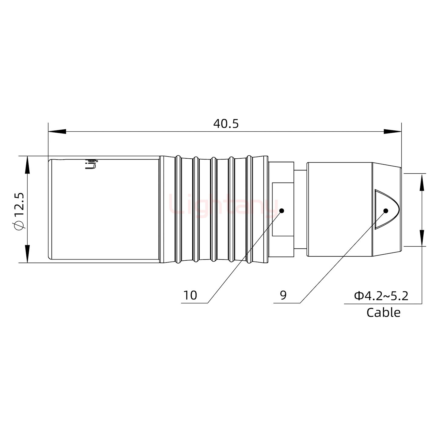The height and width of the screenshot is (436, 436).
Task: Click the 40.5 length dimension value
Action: [x=226, y=124]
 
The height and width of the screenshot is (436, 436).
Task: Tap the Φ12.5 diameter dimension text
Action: [x=19, y=211]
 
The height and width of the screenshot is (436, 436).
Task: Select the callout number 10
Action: [x=190, y=295]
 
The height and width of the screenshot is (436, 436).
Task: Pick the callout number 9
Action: [x=283, y=295]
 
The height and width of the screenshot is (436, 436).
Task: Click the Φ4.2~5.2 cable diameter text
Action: [x=381, y=296]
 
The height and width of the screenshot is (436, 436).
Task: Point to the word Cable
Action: [x=383, y=312]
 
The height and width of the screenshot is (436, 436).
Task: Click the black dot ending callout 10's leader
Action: [x=282, y=211]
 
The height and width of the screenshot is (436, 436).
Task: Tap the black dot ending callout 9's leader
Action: [x=386, y=211]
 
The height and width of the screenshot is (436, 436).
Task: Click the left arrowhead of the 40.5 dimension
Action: [x=57, y=132]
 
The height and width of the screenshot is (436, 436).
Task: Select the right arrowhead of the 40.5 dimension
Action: [x=392, y=132]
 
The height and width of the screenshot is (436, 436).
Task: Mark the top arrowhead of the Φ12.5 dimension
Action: [x=28, y=165]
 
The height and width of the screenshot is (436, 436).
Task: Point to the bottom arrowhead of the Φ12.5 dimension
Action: [x=28, y=254]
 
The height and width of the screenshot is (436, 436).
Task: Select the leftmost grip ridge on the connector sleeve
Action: [x=178, y=209]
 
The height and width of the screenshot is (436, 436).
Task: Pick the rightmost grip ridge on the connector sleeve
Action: [x=249, y=209]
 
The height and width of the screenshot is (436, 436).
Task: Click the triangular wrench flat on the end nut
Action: [x=385, y=209]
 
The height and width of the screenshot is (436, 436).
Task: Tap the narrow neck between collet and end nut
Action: [x=300, y=209]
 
